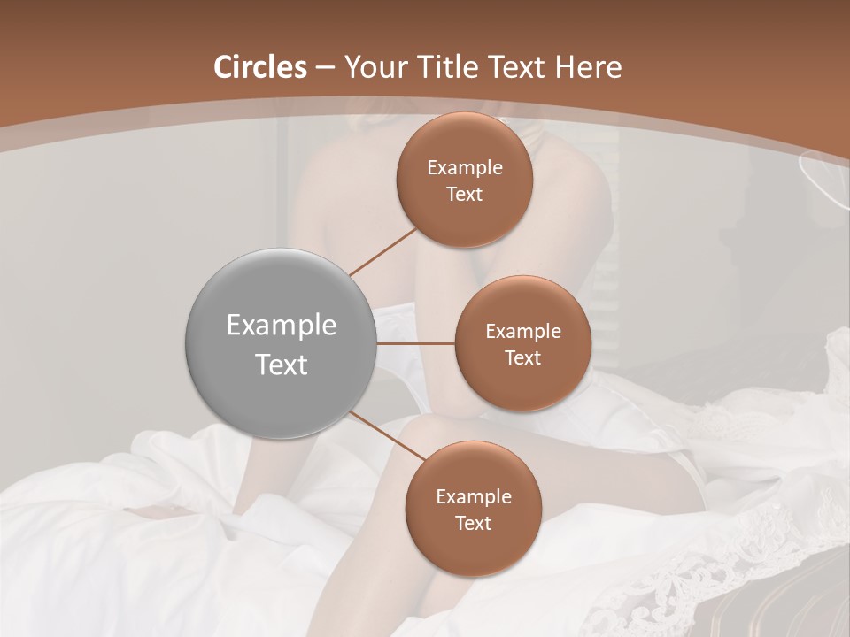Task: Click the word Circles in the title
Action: point(260,67)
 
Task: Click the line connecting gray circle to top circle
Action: point(382,251)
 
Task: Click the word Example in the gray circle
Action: point(282,326)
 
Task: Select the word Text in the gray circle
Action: point(282,365)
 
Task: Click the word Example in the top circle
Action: point(465,168)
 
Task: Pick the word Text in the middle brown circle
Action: point(522,357)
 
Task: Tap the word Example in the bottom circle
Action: point(473,497)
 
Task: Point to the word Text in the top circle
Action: point(465,194)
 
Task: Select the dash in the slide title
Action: point(324,68)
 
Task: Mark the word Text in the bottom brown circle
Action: point(473,523)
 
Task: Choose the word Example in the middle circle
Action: point(522,332)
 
